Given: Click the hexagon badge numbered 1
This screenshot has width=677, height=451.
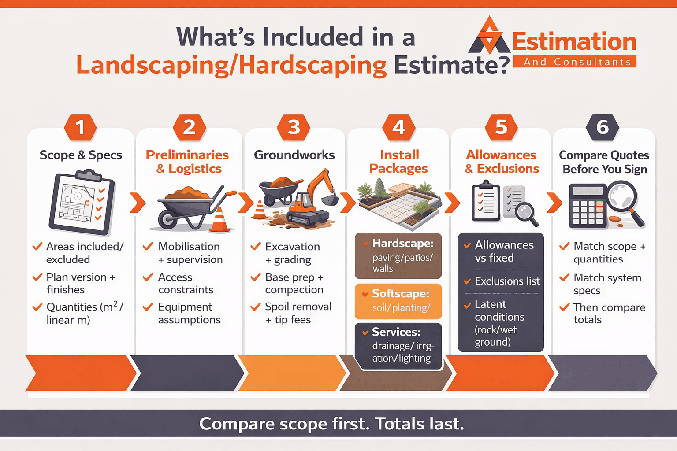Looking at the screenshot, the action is (x=80, y=127).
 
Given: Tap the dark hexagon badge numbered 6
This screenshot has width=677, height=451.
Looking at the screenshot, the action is (x=603, y=127).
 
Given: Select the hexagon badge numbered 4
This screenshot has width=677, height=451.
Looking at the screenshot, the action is (x=398, y=127).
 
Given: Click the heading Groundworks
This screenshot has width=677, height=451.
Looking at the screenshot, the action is (x=294, y=155).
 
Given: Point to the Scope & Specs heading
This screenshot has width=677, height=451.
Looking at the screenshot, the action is (x=81, y=155).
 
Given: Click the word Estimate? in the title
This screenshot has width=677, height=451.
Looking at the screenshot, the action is (x=452, y=65).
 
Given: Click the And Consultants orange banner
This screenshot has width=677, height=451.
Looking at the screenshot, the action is (x=575, y=62).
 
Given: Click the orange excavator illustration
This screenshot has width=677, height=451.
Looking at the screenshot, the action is (x=311, y=201).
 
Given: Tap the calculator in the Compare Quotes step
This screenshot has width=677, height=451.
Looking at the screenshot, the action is (x=588, y=206).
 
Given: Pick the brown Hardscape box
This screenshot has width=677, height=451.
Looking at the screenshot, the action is (x=398, y=255).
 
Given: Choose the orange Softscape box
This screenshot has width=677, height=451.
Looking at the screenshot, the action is (x=398, y=301).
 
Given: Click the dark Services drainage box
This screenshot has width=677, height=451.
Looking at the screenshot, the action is (x=398, y=346).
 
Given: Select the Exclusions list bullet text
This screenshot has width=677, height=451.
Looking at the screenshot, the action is (x=507, y=281).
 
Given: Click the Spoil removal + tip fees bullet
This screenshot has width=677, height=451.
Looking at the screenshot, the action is (x=298, y=313).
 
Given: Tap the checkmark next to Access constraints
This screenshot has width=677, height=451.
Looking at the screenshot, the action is (x=148, y=277).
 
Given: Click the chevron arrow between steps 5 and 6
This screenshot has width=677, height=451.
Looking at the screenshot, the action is (x=554, y=203).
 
